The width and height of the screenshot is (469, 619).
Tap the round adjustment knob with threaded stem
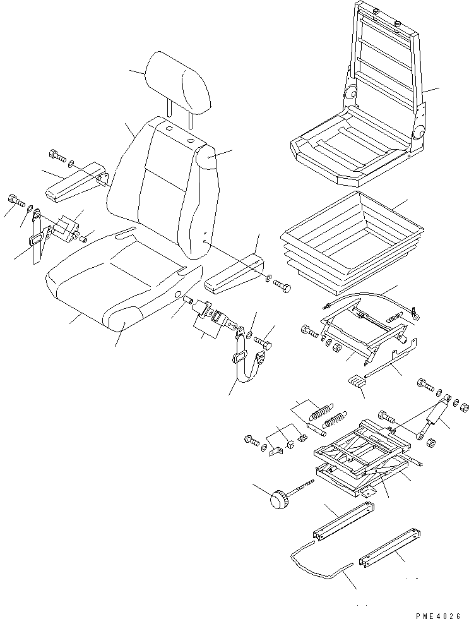pos(278,499)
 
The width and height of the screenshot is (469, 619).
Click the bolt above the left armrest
pos(56,155)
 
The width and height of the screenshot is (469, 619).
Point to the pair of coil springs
pos(327,417)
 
